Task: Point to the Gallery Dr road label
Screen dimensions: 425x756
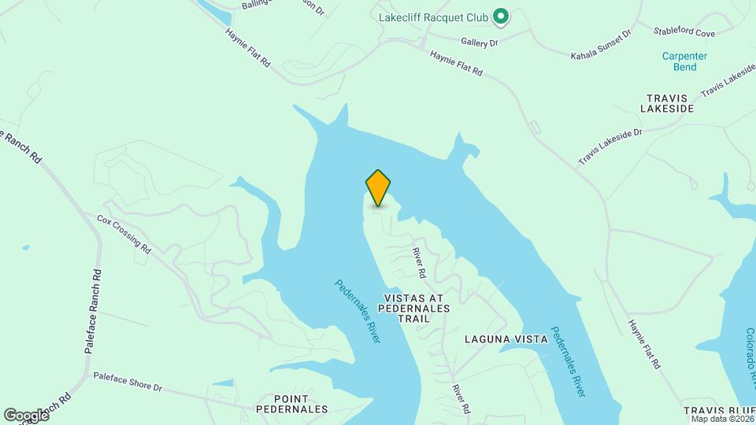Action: (x=480, y=42)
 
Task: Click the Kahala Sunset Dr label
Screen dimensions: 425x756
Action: (x=601, y=46)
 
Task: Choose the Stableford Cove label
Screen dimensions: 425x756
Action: (x=684, y=32)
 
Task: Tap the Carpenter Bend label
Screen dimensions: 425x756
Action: (x=684, y=61)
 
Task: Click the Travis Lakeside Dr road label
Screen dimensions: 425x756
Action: (x=610, y=146)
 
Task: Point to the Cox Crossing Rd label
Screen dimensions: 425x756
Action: (x=124, y=233)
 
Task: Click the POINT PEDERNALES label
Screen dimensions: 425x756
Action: (x=292, y=404)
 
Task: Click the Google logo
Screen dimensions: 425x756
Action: (x=26, y=415)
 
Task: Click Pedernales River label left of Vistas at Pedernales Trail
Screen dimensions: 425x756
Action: (x=358, y=312)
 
